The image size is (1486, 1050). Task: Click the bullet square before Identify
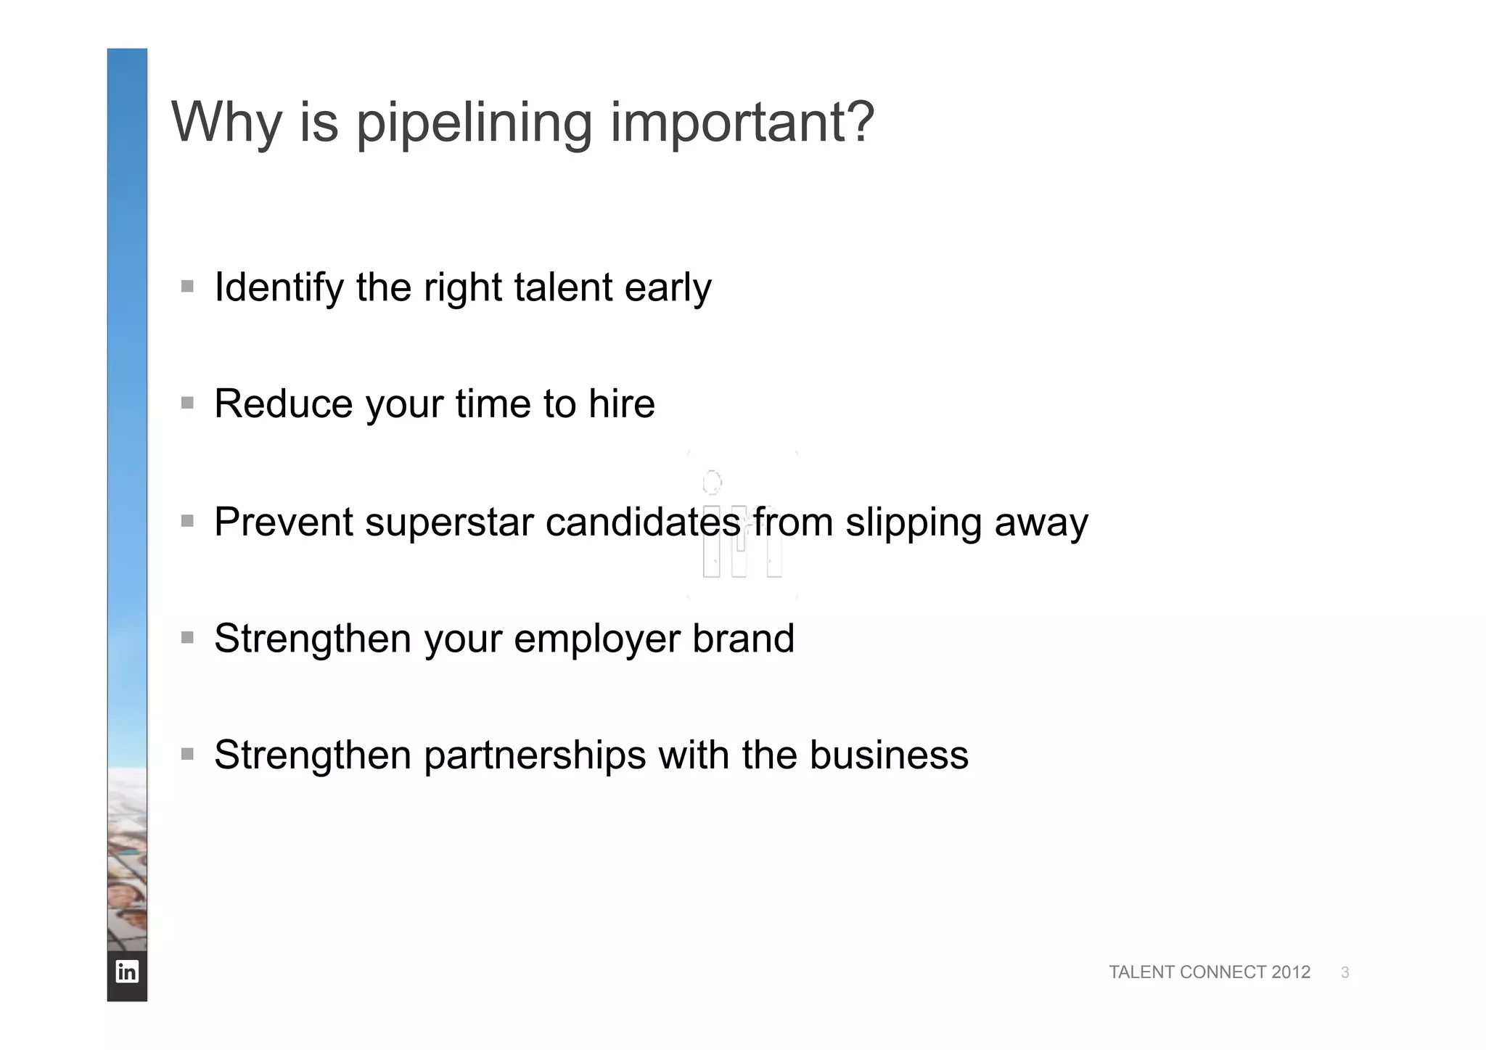pyautogui.click(x=188, y=287)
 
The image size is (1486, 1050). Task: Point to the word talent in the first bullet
pyautogui.click(x=563, y=287)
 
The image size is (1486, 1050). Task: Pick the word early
pyautogui.click(x=668, y=288)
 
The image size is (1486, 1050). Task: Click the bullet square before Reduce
pyautogui.click(x=188, y=403)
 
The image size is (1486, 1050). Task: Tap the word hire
pyautogui.click(x=621, y=403)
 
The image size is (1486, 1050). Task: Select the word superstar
pyautogui.click(x=449, y=522)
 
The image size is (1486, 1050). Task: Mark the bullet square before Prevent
pyautogui.click(x=188, y=521)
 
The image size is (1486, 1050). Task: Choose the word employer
pyautogui.click(x=596, y=639)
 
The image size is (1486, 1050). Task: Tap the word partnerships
pyautogui.click(x=535, y=755)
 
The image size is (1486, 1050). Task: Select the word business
pyautogui.click(x=889, y=755)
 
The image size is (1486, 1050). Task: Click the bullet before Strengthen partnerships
pyautogui.click(x=188, y=754)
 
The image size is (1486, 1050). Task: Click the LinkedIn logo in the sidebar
pyautogui.click(x=127, y=972)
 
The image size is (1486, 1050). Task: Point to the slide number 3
pyautogui.click(x=1345, y=973)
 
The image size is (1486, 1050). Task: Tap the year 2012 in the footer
pyautogui.click(x=1291, y=972)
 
